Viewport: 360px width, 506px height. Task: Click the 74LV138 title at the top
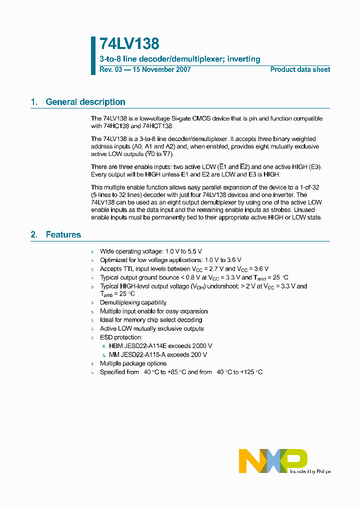[x=129, y=44]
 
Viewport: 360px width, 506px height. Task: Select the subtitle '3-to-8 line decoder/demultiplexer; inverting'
[x=180, y=59]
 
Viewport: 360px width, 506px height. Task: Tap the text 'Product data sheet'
[x=300, y=69]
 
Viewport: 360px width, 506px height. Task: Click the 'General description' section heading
[x=85, y=102]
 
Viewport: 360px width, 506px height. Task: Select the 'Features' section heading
[x=63, y=234]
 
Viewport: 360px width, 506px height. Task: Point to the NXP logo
[x=272, y=460]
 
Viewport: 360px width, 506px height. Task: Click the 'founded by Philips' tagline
[x=310, y=471]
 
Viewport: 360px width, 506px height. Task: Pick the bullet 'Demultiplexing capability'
[x=133, y=302]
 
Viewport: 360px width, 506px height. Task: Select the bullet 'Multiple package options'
[x=133, y=363]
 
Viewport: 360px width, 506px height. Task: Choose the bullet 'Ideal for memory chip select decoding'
[x=151, y=320]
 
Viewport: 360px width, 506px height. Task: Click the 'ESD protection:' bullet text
[x=121, y=337]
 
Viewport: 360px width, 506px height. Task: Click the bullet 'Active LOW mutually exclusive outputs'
[x=151, y=328]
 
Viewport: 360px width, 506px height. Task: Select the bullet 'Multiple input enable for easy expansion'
[x=153, y=311]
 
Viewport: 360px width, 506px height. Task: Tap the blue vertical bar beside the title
[x=93, y=55]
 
